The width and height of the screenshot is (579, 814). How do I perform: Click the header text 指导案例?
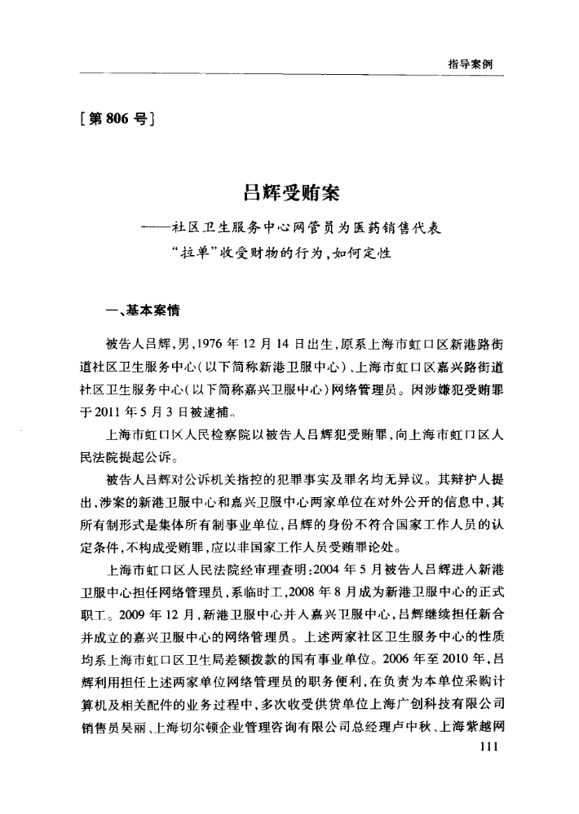click(x=475, y=63)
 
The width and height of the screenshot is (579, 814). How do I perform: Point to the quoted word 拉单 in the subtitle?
click(x=208, y=254)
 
